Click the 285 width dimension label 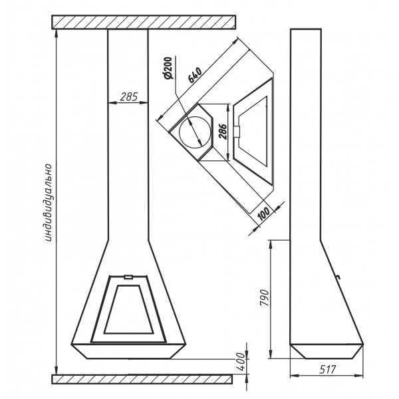[129, 96]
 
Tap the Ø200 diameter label [168, 68]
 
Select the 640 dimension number [195, 74]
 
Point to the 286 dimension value [223, 132]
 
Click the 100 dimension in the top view [263, 214]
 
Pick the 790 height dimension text [265, 298]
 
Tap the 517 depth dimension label [328, 370]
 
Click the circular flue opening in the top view [195, 132]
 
